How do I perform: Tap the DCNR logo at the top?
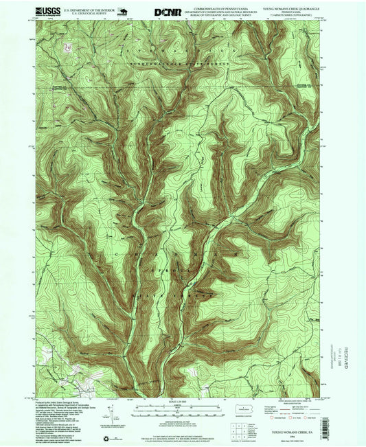coord(165,12)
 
